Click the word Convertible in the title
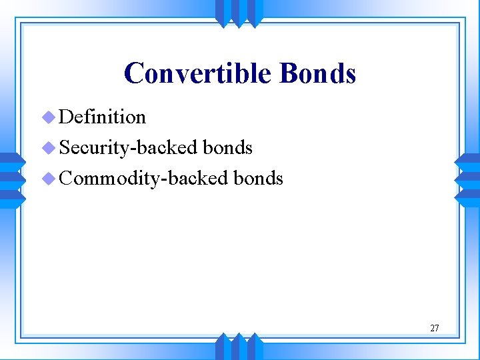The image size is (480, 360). pos(198,73)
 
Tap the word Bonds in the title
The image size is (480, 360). pos(317,73)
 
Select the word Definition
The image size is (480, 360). pos(102,117)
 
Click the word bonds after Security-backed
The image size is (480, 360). pos(227,147)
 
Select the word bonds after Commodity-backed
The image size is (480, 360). pos(259,178)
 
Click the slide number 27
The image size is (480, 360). pos(434,328)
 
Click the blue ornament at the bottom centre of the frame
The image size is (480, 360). pos(239,347)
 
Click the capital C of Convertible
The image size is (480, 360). pos(134,73)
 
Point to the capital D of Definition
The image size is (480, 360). pos(66,117)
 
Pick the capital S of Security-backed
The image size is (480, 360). pos(65,147)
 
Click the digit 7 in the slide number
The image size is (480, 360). pos(437,328)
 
